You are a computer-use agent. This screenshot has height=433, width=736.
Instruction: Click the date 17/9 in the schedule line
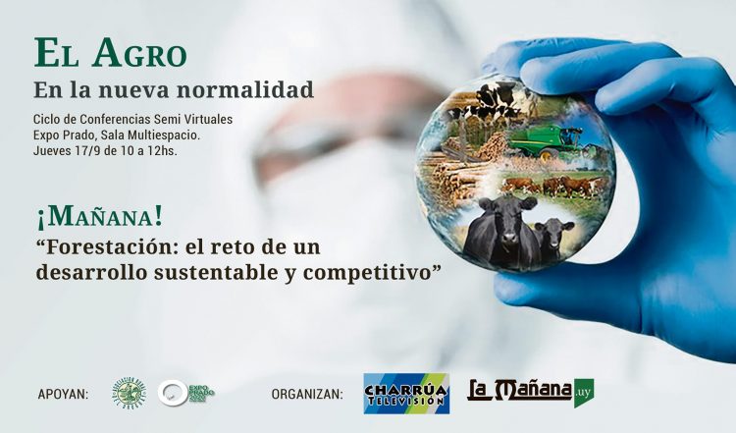tap(99, 152)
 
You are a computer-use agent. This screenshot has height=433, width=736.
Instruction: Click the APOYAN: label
tap(62, 395)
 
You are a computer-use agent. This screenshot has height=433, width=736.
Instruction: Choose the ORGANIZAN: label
tap(307, 395)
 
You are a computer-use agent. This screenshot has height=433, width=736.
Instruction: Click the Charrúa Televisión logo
tap(405, 393)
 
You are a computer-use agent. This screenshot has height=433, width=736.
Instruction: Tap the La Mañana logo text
tap(519, 391)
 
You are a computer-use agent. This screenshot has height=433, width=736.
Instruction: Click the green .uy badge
tap(584, 391)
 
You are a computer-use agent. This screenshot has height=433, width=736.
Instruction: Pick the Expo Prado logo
tap(186, 394)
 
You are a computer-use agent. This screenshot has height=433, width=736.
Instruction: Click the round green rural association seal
tap(129, 394)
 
